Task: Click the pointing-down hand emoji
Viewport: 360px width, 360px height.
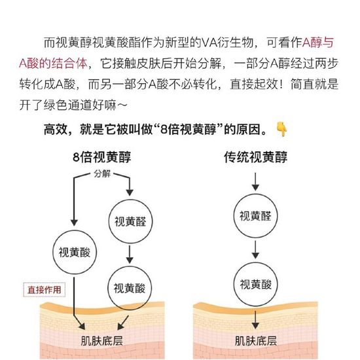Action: (282, 129)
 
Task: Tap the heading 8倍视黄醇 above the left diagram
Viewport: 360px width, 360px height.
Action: (102, 157)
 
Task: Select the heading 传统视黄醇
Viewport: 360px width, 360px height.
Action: (255, 157)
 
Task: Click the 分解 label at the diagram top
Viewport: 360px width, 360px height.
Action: (102, 174)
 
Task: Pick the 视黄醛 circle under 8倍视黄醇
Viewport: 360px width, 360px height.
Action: (130, 221)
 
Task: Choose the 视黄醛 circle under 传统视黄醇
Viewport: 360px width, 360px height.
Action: (255, 216)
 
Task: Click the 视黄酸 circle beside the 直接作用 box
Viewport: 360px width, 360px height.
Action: (75, 252)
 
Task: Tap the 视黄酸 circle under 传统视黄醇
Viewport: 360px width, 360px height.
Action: (256, 284)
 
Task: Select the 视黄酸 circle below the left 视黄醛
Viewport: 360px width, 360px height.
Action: (130, 288)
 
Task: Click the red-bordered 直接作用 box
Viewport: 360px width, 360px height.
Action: (45, 290)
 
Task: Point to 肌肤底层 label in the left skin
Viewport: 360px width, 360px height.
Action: (102, 341)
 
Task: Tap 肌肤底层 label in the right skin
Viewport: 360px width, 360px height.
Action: (256, 341)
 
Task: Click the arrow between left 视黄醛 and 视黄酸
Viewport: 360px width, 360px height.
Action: (130, 255)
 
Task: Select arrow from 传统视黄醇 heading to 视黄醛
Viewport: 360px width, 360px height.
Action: (255, 181)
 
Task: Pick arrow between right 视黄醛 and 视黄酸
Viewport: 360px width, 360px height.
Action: (255, 250)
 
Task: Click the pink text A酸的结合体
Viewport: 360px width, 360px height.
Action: (53, 63)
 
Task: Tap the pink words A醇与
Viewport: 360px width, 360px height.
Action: (318, 43)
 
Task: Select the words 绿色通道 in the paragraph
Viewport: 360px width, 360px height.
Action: (68, 105)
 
